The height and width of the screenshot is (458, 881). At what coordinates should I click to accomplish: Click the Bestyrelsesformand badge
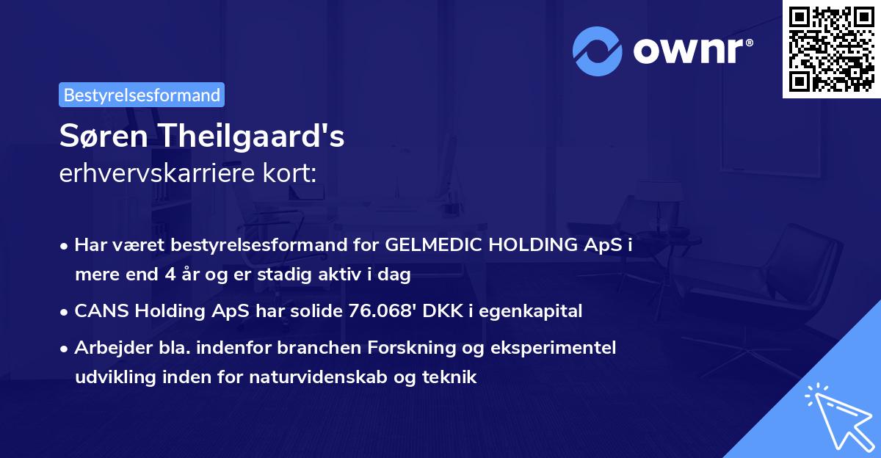tap(142, 95)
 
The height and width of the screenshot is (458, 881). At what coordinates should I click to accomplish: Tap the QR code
tap(831, 48)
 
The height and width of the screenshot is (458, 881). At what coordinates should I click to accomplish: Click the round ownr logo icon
tap(597, 51)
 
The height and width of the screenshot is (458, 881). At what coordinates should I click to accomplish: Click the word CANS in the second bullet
tap(98, 310)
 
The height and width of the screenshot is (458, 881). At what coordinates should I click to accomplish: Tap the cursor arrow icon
tap(837, 415)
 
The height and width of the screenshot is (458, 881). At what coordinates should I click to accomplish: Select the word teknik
tap(454, 377)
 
